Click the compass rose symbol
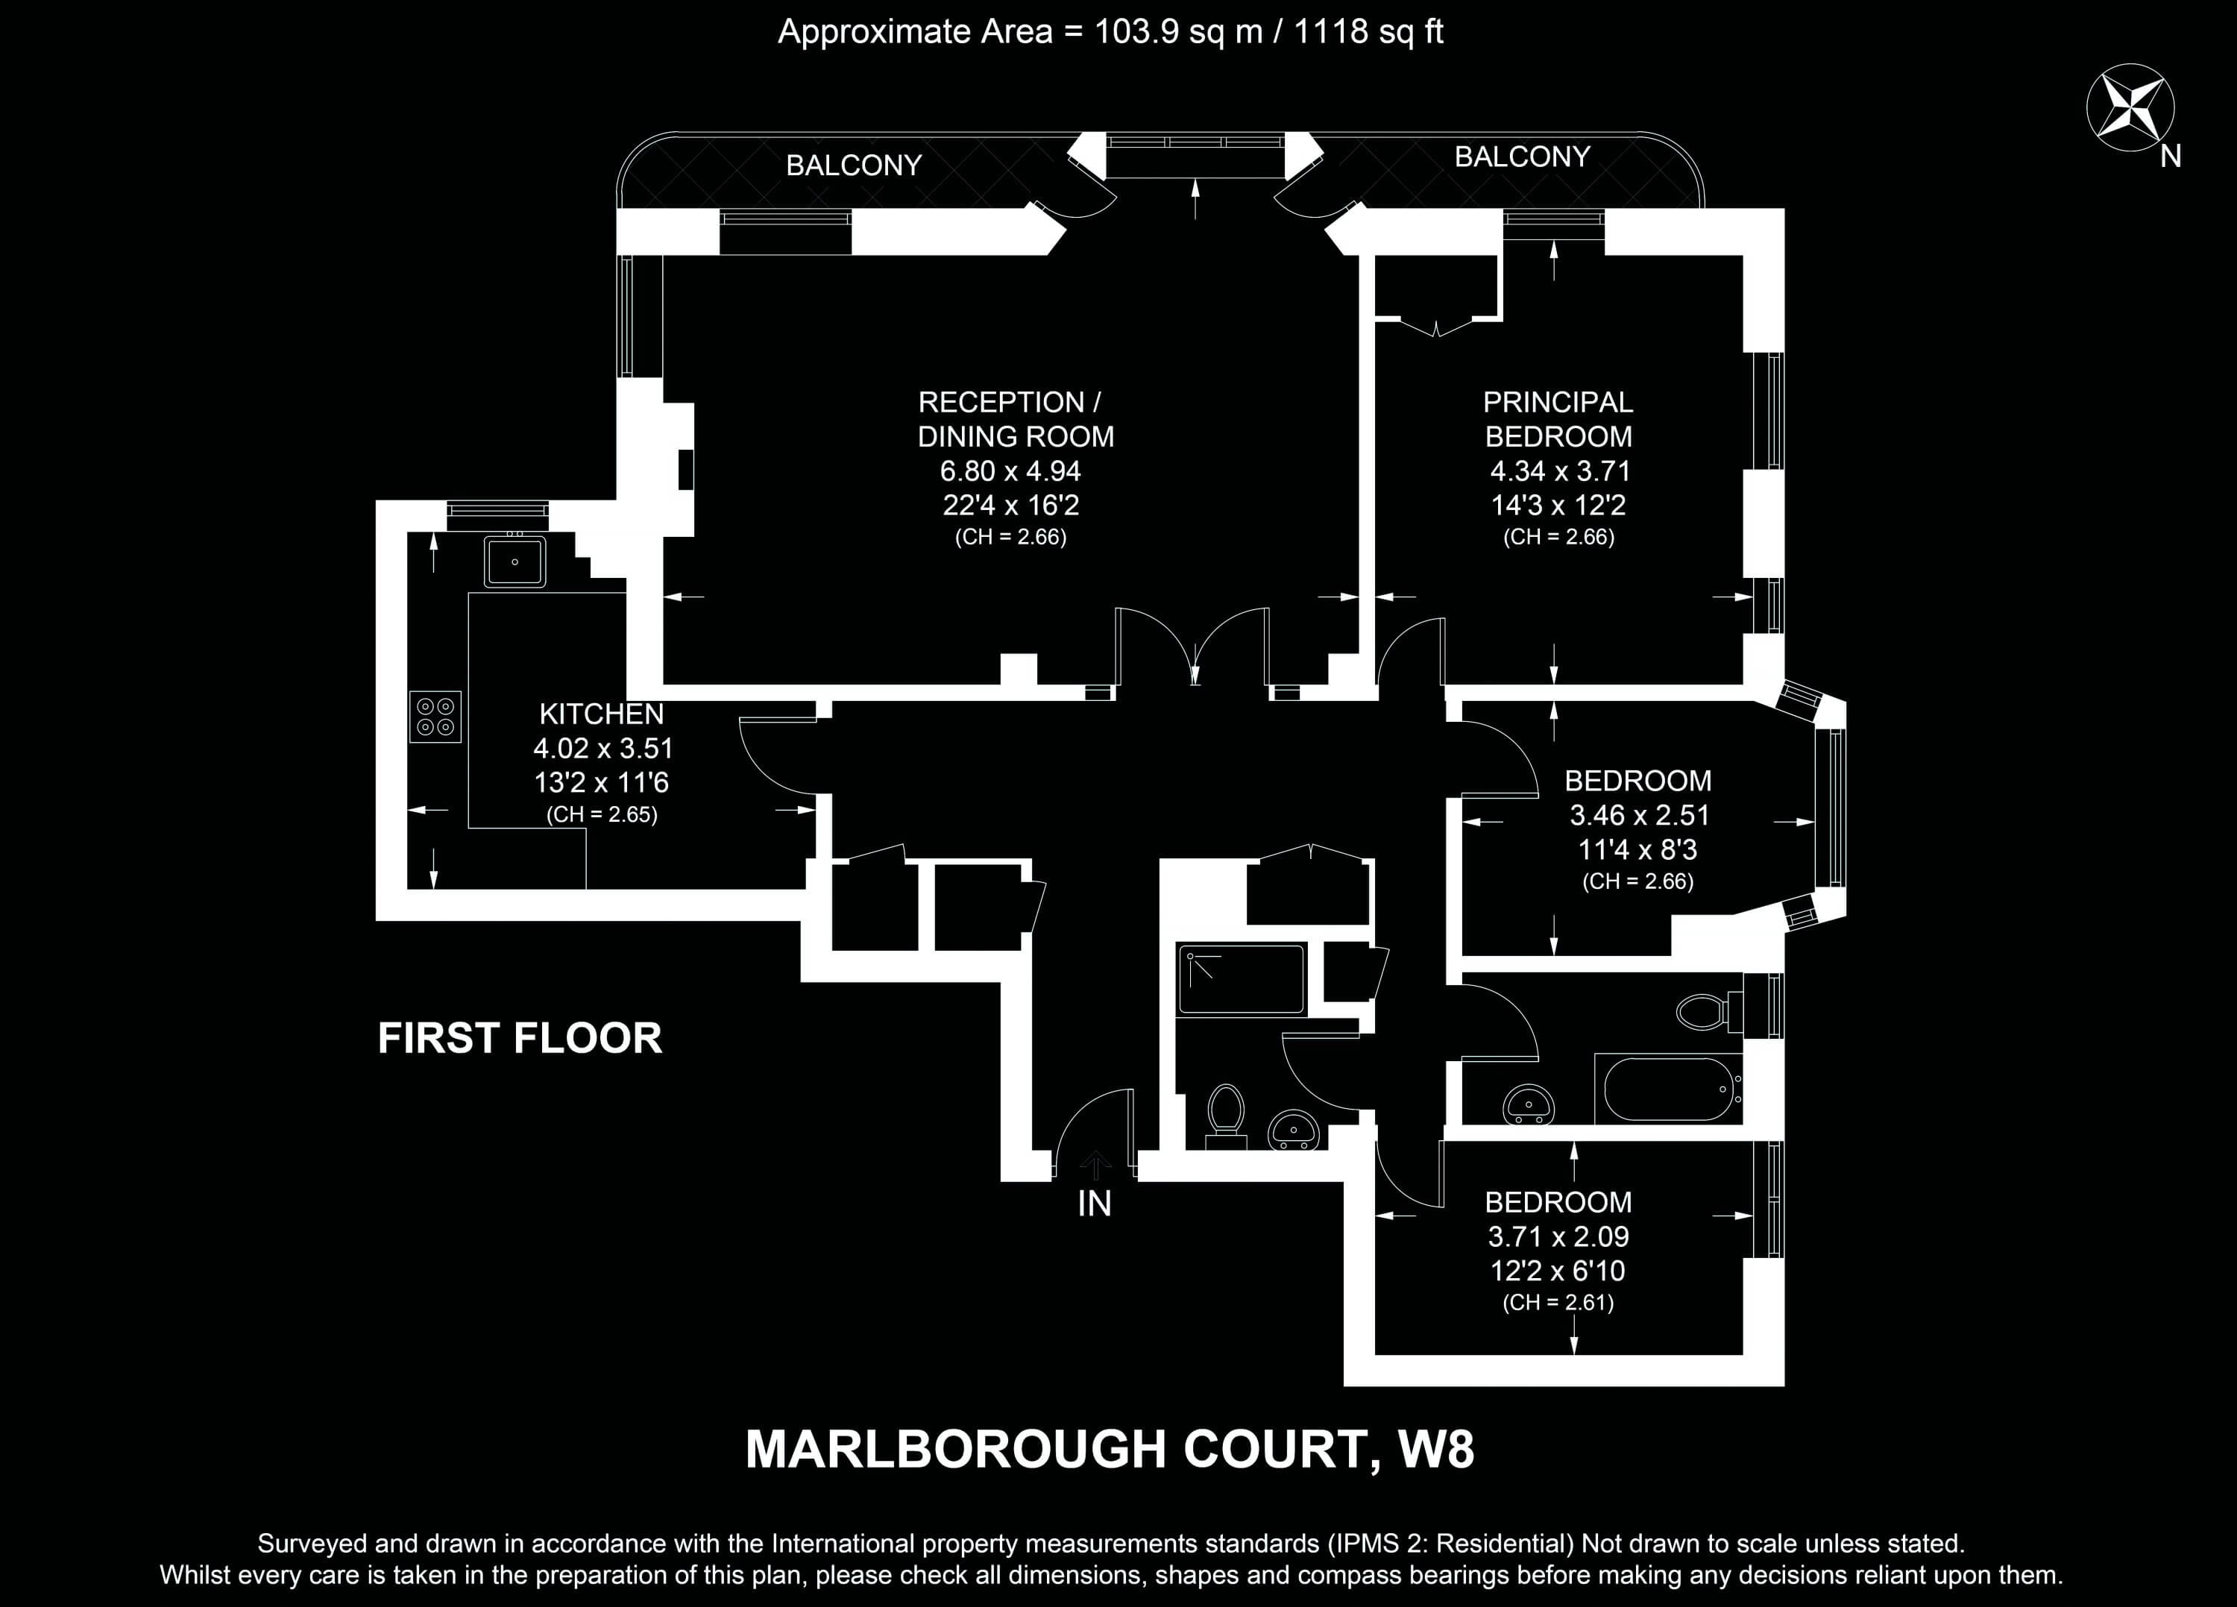[2130, 109]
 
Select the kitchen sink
[514, 562]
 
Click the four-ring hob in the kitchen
[435, 716]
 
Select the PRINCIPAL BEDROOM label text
[1558, 419]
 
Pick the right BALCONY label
[1522, 157]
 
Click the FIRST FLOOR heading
[520, 1039]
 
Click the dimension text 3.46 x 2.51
[1638, 816]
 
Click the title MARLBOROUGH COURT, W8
[1110, 1449]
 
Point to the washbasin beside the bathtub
[1528, 1105]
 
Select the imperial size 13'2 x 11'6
[602, 783]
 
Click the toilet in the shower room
[1226, 1117]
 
